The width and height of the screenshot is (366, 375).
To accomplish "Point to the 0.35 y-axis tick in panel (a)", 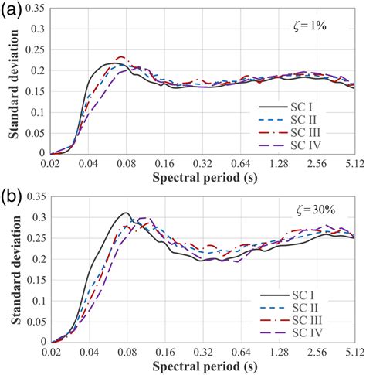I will [37, 8].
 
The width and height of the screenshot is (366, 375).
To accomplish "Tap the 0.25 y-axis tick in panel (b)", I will [37, 237].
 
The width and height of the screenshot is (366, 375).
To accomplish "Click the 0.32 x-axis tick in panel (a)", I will [202, 164].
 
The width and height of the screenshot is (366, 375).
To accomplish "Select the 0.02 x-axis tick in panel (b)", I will [51, 352].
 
